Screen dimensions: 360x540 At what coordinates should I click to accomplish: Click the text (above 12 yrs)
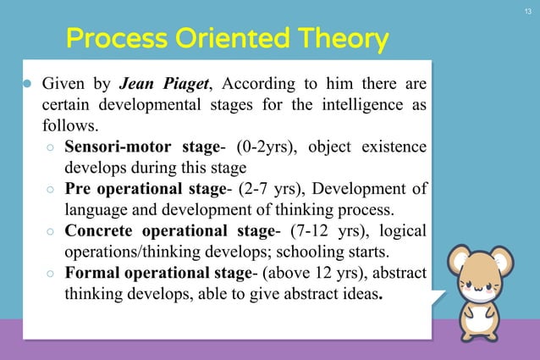[x=306, y=273]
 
